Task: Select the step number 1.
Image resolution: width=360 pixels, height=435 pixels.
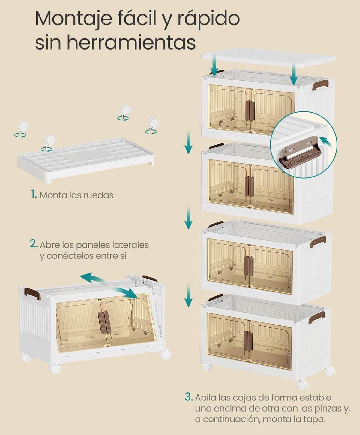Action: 34,195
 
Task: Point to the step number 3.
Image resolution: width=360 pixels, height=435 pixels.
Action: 188,397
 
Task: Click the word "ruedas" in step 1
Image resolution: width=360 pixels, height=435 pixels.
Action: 100,195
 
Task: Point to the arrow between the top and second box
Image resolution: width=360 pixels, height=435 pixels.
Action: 188,142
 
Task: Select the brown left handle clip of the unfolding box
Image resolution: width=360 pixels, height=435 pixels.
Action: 33,294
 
